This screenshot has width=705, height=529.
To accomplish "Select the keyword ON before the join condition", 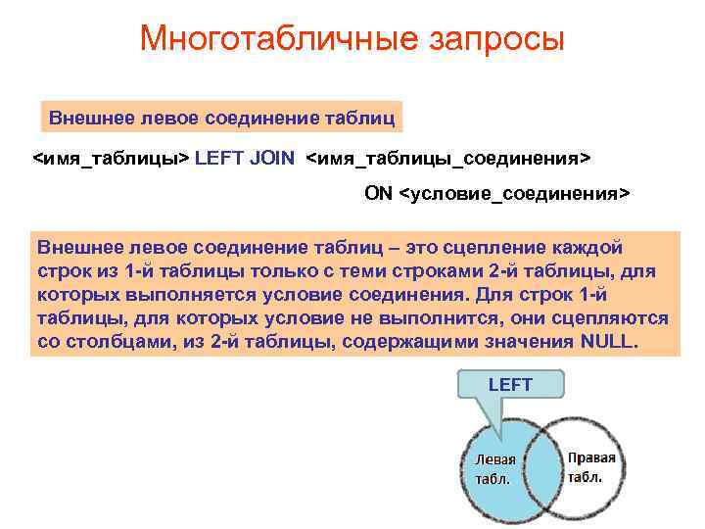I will tap(379, 192).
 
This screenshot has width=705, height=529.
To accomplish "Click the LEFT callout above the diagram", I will tap(509, 385).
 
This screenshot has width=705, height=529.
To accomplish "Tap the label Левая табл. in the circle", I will tap(493, 469).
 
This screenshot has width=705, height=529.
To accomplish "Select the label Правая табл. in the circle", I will tap(591, 467).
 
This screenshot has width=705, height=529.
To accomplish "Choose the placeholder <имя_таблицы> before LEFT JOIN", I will tap(111, 157).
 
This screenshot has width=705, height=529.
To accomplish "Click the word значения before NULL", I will tap(526, 342).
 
